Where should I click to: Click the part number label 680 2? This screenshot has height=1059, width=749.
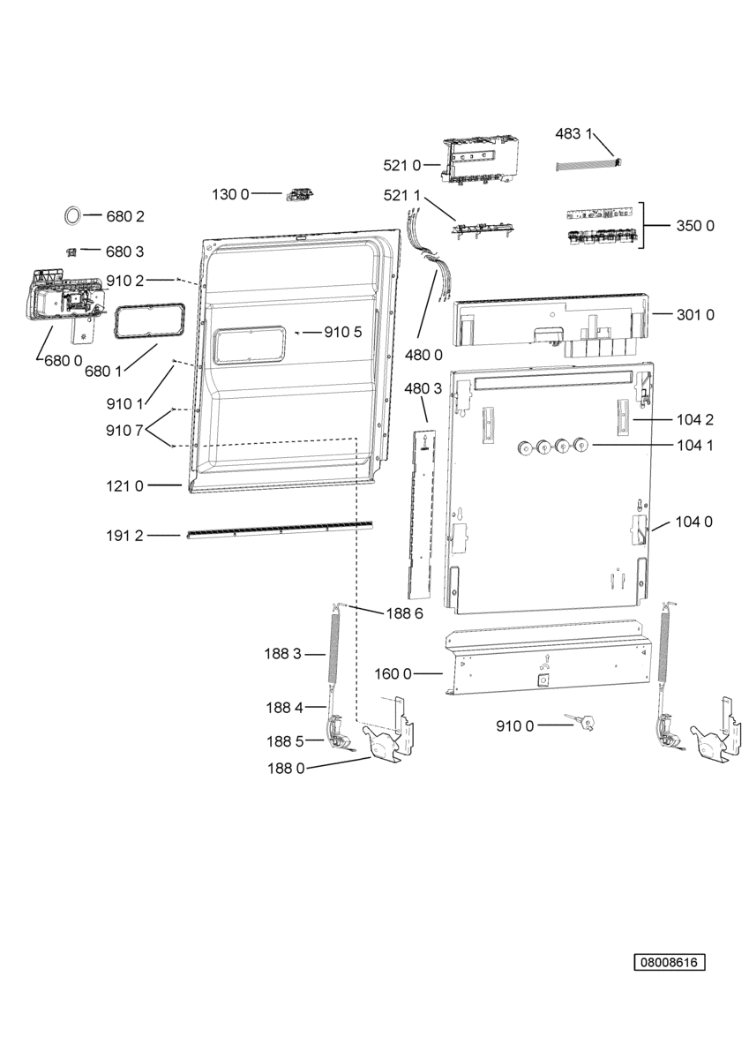point(124,216)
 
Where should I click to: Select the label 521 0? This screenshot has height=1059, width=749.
point(401,165)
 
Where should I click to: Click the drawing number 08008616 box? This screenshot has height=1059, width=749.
point(669,962)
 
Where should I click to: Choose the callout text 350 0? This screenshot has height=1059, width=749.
point(695,226)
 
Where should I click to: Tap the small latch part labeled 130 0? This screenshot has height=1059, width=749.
point(300,194)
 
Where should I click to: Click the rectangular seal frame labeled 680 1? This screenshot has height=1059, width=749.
point(149,321)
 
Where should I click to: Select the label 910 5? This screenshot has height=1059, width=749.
point(342,333)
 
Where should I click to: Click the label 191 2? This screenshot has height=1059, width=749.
point(124,536)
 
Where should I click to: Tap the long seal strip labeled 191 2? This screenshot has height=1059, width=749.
point(280,529)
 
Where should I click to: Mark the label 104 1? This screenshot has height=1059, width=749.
point(694,445)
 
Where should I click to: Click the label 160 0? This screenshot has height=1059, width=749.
point(393,673)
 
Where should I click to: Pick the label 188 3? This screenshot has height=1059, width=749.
point(282,654)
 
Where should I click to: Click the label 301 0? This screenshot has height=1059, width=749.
point(695,314)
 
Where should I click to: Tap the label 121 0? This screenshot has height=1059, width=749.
point(124,485)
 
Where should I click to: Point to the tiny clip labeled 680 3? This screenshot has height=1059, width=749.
point(71,252)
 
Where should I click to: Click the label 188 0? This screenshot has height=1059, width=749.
point(287,769)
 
